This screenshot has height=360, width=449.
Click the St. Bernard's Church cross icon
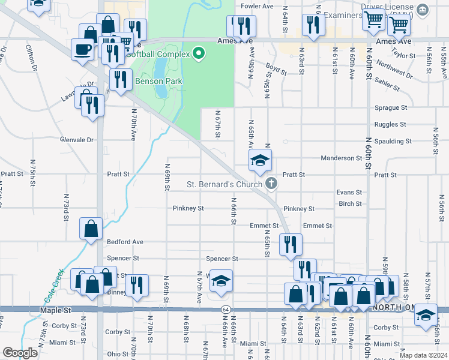tap(271, 184)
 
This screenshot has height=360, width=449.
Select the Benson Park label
tap(154, 81)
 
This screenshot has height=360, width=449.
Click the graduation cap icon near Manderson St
tap(261, 160)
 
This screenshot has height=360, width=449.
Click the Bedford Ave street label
tap(125, 242)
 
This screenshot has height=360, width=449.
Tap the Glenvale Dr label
tap(77, 140)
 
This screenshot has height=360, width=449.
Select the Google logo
tap(20, 353)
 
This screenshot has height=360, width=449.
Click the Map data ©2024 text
tap(423, 355)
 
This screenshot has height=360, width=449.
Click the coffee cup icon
tap(82, 50)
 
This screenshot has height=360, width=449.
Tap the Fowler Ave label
tap(257, 7)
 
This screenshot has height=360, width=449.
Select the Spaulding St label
tap(391, 142)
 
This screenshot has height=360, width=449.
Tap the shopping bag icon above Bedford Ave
tap(91, 229)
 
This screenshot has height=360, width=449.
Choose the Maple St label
tap(56, 311)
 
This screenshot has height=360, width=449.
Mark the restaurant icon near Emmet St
tap(291, 244)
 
